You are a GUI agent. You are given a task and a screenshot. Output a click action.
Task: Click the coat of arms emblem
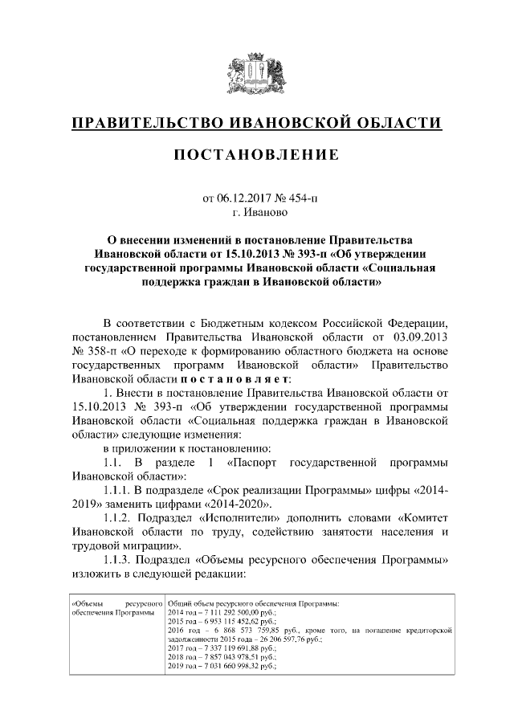click(x=257, y=73)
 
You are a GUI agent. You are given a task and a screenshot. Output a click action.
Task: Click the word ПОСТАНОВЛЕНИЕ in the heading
click(x=257, y=153)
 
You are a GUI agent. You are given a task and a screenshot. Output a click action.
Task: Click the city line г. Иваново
click(x=257, y=213)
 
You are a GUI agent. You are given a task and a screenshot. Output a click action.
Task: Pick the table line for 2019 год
click(x=222, y=666)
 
